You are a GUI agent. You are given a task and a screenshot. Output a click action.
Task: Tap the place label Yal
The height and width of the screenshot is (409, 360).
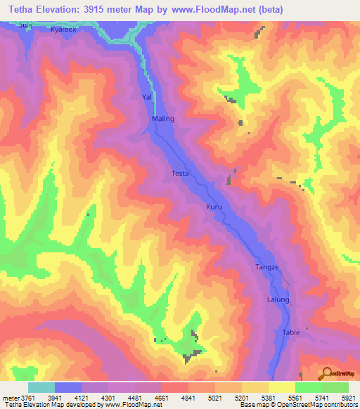pos(147,96)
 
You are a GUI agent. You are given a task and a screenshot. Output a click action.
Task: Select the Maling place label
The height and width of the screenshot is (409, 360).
pos(163,119)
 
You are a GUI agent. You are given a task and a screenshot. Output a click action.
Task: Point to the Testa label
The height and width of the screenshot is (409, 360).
pos(180,173)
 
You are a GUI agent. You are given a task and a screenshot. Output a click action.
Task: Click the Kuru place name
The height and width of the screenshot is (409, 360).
pos(214,208)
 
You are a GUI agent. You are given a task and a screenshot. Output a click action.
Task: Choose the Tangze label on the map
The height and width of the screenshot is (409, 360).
pos(267,268)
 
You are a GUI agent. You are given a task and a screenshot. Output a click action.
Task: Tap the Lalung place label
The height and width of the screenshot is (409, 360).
pos(278,300)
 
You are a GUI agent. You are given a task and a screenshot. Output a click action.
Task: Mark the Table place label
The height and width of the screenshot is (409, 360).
pos(291,332)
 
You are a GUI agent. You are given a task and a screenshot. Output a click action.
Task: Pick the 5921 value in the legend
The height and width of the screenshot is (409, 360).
pos(349,397)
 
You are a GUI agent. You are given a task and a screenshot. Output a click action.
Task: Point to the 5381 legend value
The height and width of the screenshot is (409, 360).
pos(269,397)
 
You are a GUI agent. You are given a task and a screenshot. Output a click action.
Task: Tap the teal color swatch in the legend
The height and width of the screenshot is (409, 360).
pos(41,387)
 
